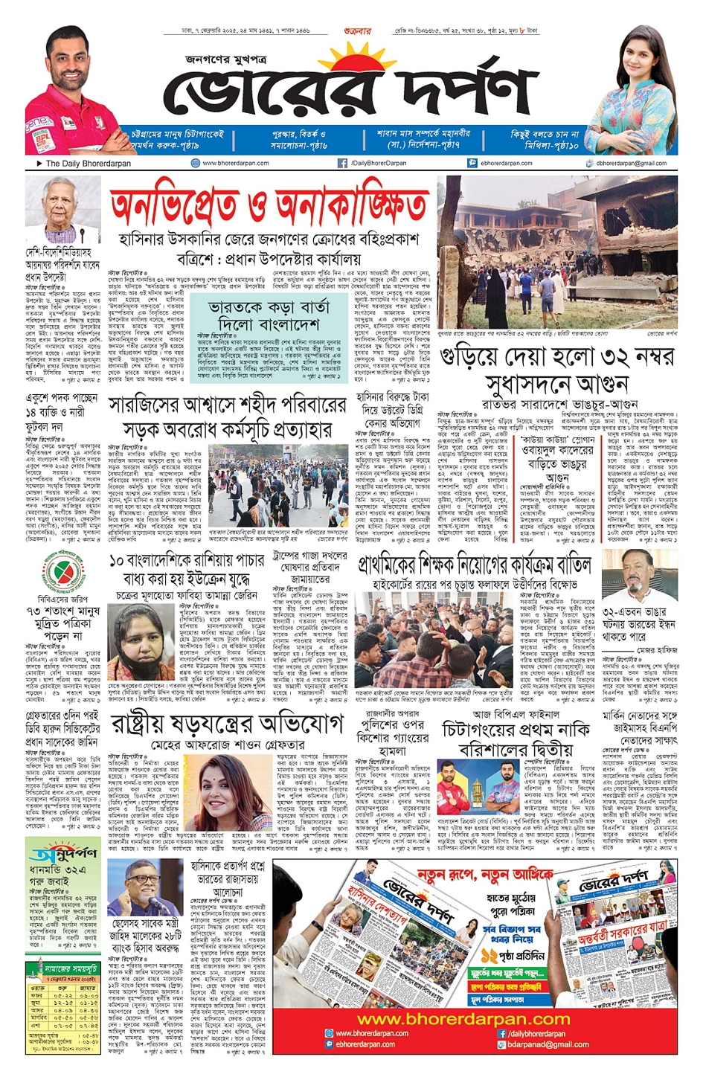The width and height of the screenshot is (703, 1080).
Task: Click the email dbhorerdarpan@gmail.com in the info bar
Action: click(x=631, y=163)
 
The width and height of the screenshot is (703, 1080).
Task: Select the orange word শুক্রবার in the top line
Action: click(x=358, y=31)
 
